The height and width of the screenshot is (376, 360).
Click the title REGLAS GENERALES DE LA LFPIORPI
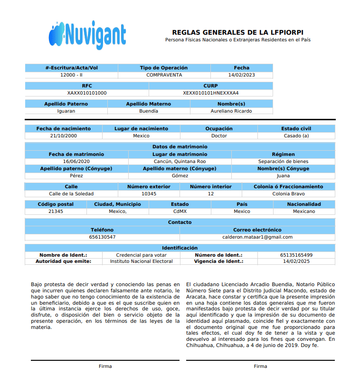click(x=238, y=32)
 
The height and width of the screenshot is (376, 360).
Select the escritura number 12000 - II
click(x=71, y=75)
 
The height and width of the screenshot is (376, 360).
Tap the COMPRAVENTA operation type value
click(x=164, y=75)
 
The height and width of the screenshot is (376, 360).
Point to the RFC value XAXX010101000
click(x=87, y=93)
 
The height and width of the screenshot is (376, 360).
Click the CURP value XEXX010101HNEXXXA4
click(x=211, y=93)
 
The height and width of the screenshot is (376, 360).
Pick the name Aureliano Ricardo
click(x=231, y=111)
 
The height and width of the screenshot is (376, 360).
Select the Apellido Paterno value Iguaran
click(x=66, y=111)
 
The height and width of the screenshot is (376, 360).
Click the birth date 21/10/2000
click(x=63, y=136)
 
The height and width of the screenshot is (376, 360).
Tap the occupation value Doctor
click(x=219, y=136)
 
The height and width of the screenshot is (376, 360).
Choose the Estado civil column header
click(x=296, y=129)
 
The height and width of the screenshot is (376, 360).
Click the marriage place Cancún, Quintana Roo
click(x=180, y=162)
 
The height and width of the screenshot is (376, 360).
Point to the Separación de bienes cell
click(x=283, y=162)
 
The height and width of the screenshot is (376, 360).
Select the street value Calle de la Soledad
click(x=71, y=194)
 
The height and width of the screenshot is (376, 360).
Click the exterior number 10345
click(x=149, y=194)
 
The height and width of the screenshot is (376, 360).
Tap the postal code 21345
click(x=56, y=212)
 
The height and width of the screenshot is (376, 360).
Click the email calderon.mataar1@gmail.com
click(x=257, y=237)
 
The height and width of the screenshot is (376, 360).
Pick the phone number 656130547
click(x=102, y=237)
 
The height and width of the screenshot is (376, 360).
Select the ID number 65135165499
click(x=296, y=255)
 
